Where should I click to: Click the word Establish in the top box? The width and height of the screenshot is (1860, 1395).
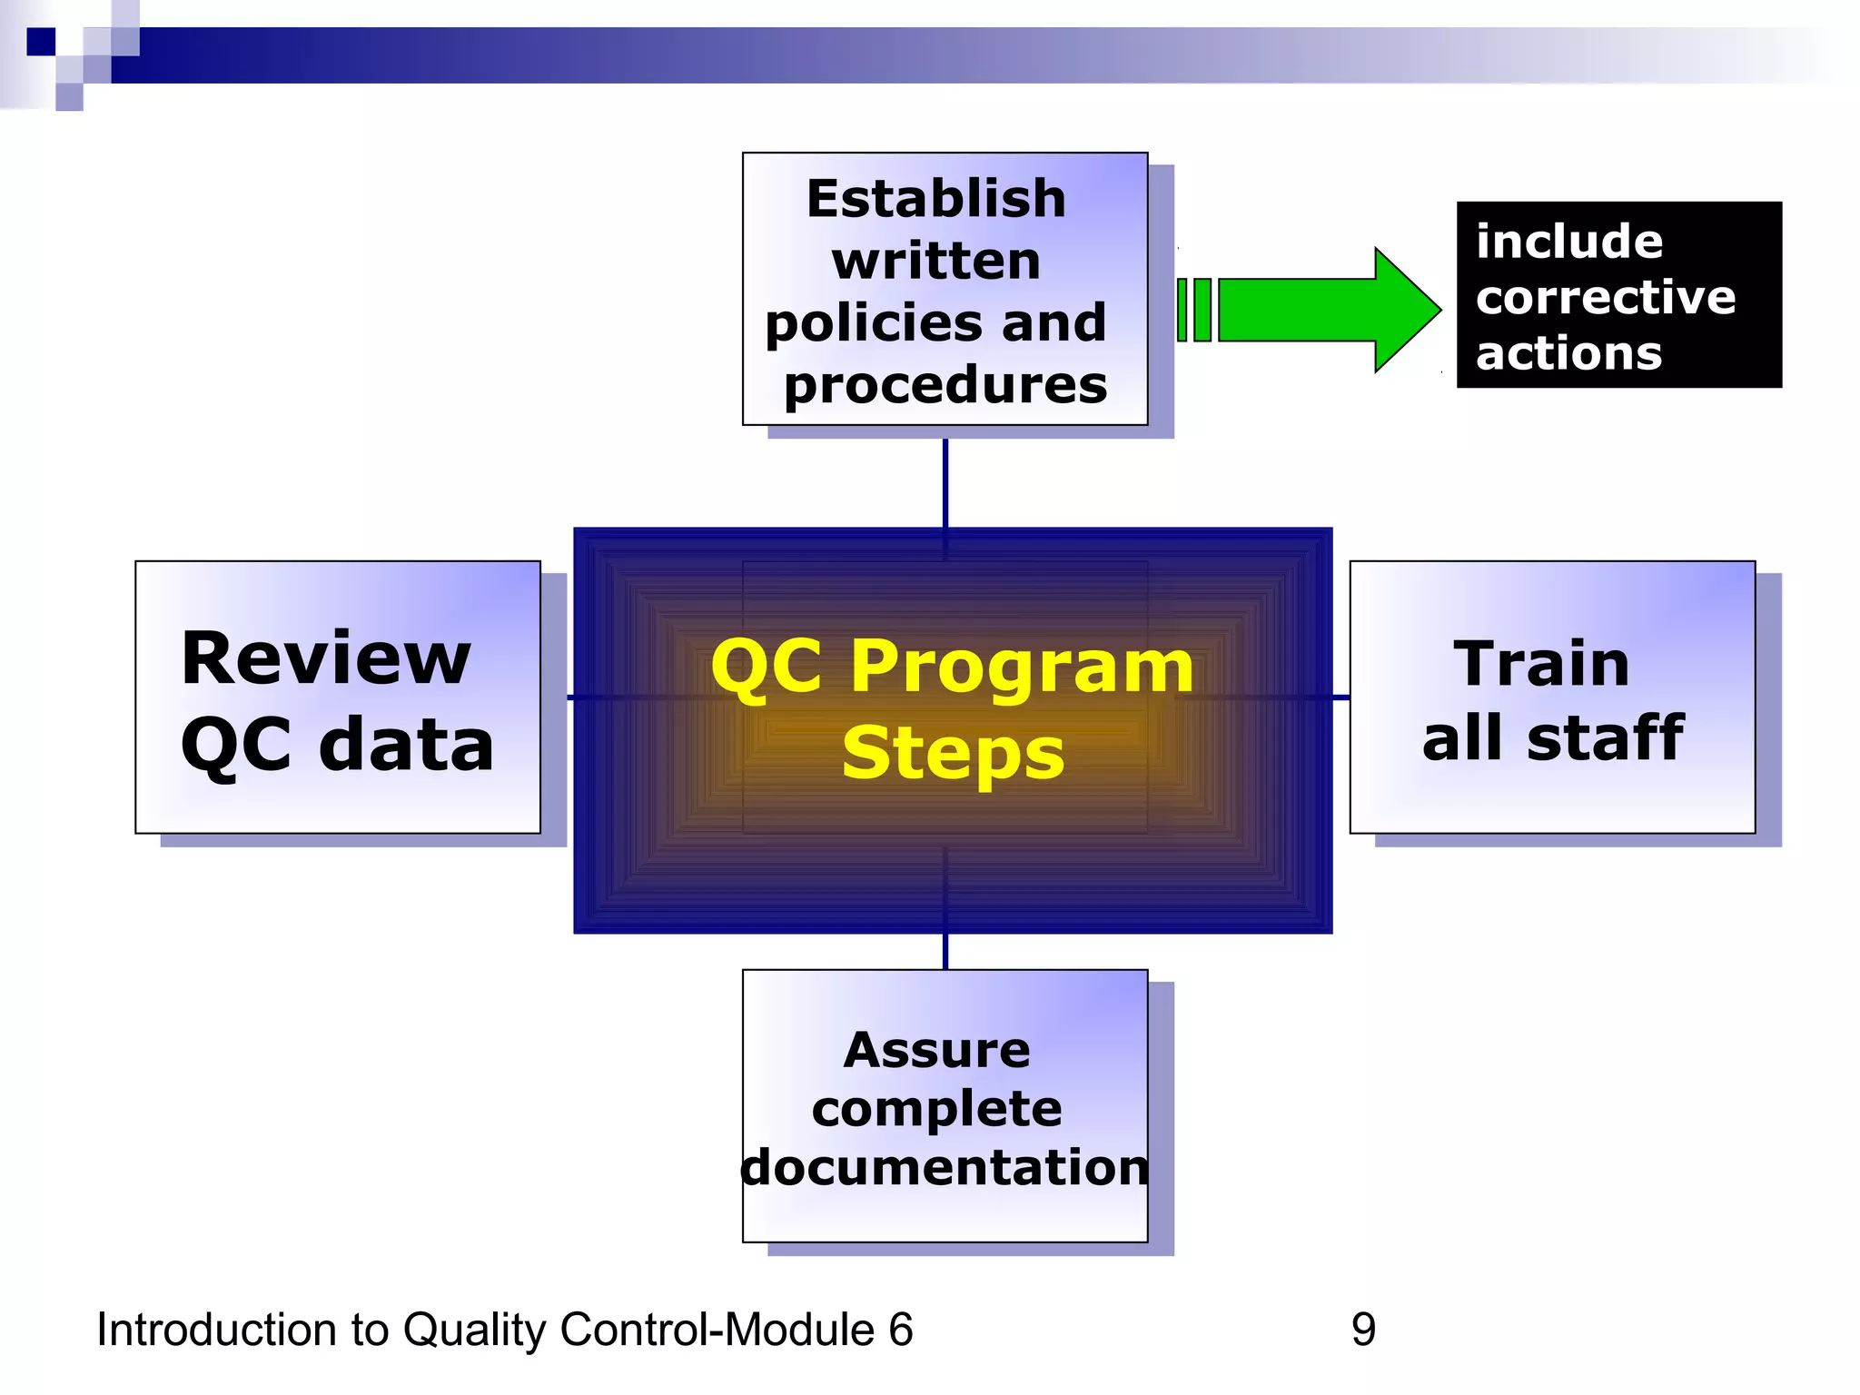(935, 199)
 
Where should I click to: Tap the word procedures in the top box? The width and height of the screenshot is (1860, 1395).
(945, 386)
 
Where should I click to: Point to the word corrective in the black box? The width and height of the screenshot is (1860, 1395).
(1605, 297)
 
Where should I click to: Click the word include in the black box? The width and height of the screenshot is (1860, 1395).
(1568, 242)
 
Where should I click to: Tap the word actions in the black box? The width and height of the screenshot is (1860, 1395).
(1568, 352)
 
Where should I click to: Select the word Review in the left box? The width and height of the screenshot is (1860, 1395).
(325, 658)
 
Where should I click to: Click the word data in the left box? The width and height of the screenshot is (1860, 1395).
(406, 745)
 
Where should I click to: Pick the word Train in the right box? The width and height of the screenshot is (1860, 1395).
(1541, 664)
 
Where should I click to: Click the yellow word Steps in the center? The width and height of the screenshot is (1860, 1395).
(952, 753)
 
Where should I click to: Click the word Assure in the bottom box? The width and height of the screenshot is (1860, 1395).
(936, 1051)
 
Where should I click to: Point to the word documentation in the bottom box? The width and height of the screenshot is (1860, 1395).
(945, 1168)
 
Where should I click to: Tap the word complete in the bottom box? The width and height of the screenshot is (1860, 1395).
(936, 1109)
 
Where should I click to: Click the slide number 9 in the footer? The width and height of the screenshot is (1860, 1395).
(1363, 1330)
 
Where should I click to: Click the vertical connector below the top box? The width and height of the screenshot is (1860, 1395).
(945, 481)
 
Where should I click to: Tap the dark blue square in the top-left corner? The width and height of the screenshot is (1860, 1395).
(41, 42)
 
